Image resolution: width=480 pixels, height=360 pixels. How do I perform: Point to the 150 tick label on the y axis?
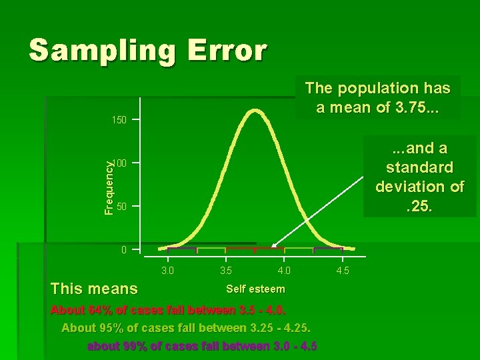(x=119, y=120)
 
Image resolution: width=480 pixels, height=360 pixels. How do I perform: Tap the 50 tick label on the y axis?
(x=121, y=207)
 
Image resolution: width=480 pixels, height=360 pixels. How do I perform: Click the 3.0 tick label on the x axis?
(x=168, y=271)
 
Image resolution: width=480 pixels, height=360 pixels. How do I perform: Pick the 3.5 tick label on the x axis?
(x=226, y=271)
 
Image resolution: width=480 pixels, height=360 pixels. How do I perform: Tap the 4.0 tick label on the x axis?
(x=284, y=271)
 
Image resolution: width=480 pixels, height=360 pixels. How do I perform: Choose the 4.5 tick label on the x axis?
(x=342, y=271)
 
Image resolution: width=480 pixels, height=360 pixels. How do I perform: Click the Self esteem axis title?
(x=255, y=289)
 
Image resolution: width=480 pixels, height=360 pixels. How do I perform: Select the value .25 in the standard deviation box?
(x=420, y=207)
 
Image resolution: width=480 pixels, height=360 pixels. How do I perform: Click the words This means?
(x=94, y=289)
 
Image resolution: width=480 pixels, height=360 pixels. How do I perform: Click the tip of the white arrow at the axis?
(x=273, y=247)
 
